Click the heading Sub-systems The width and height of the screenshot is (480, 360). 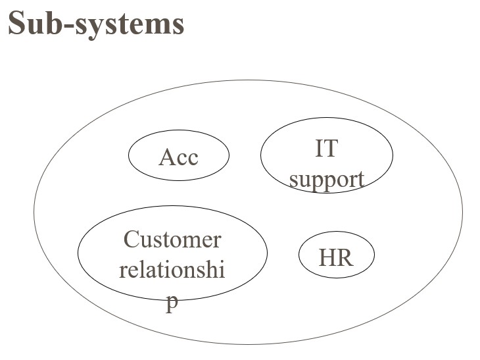click(96, 24)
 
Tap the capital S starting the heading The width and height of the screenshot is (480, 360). click(17, 24)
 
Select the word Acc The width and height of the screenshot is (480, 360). click(178, 157)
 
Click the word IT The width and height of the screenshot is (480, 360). click(326, 149)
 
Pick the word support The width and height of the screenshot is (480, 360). click(327, 179)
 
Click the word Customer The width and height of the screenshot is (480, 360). click(172, 240)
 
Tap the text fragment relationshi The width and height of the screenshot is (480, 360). click(172, 270)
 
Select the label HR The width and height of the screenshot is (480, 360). click(336, 257)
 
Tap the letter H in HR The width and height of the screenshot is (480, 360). click(327, 257)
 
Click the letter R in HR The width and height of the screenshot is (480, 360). click(345, 257)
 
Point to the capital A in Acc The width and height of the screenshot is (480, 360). click(167, 157)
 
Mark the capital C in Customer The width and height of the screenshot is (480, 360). click(132, 240)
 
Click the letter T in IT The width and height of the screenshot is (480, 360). click(331, 149)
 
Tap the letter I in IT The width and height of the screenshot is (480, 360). click(319, 149)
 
